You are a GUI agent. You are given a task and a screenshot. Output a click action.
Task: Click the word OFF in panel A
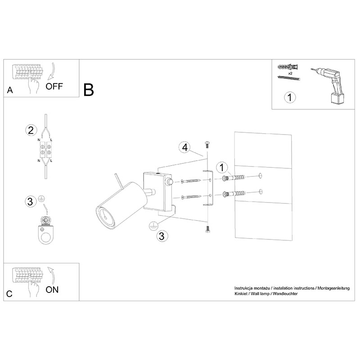[54, 86]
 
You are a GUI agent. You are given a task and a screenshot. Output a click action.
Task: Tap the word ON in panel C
[52, 290]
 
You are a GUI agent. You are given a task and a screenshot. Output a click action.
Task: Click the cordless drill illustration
[328, 85]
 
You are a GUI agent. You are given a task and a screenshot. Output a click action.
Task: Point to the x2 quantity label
[290, 73]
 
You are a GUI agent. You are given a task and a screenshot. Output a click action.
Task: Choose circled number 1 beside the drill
[290, 97]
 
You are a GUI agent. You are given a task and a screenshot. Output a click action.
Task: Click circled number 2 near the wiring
[31, 130]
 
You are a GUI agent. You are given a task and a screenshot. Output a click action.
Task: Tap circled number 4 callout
[185, 148]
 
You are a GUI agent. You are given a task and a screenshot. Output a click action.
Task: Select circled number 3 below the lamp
[162, 236]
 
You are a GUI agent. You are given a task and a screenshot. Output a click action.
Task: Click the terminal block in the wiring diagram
[46, 150]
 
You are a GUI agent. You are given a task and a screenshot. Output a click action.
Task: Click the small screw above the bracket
[207, 144]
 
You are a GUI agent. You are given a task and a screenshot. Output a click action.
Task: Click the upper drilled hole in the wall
[261, 176]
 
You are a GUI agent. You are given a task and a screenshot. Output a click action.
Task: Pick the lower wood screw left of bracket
[191, 197]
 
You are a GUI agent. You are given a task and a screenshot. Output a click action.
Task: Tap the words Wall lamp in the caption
[260, 294]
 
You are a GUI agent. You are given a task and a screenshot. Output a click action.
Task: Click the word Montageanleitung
[333, 288]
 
